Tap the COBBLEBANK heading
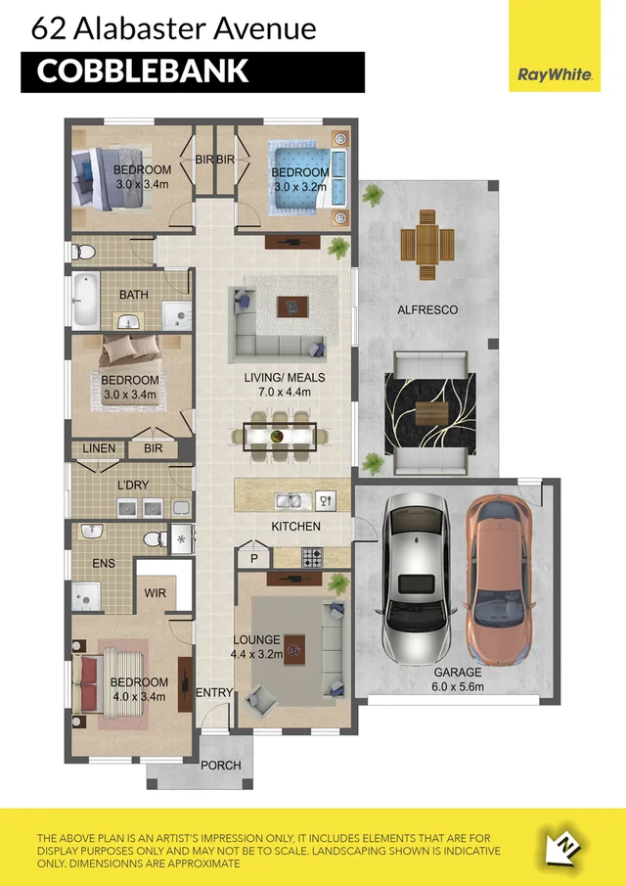(143, 71)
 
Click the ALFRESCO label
(426, 310)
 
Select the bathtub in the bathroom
(85, 301)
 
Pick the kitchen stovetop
(311, 557)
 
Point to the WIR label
(155, 593)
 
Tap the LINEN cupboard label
(99, 448)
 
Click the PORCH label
(220, 765)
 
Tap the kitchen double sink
(290, 501)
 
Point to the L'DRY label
(132, 486)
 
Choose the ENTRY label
(214, 693)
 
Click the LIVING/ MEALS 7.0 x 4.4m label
(285, 384)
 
